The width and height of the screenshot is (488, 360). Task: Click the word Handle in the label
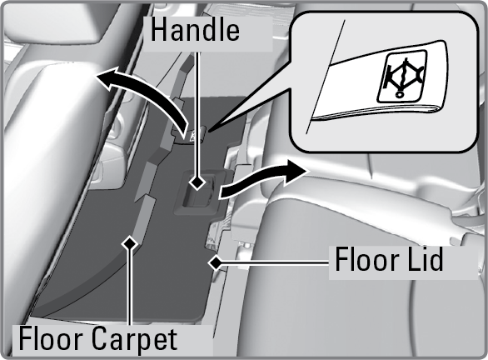click(x=195, y=30)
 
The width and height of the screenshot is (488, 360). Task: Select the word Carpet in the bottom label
click(x=134, y=338)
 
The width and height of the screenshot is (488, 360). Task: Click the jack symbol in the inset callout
click(x=402, y=77)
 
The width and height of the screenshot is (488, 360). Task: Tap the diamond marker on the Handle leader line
click(x=197, y=182)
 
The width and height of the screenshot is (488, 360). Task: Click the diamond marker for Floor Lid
click(x=214, y=263)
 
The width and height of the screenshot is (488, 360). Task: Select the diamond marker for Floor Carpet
click(x=130, y=243)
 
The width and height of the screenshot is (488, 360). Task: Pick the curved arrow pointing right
click(x=261, y=180)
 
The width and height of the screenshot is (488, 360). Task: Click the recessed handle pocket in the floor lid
click(x=199, y=192)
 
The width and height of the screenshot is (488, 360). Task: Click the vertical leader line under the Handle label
click(x=197, y=113)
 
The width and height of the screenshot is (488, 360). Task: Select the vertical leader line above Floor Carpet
click(x=130, y=287)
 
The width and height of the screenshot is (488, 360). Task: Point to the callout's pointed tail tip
click(x=209, y=131)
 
